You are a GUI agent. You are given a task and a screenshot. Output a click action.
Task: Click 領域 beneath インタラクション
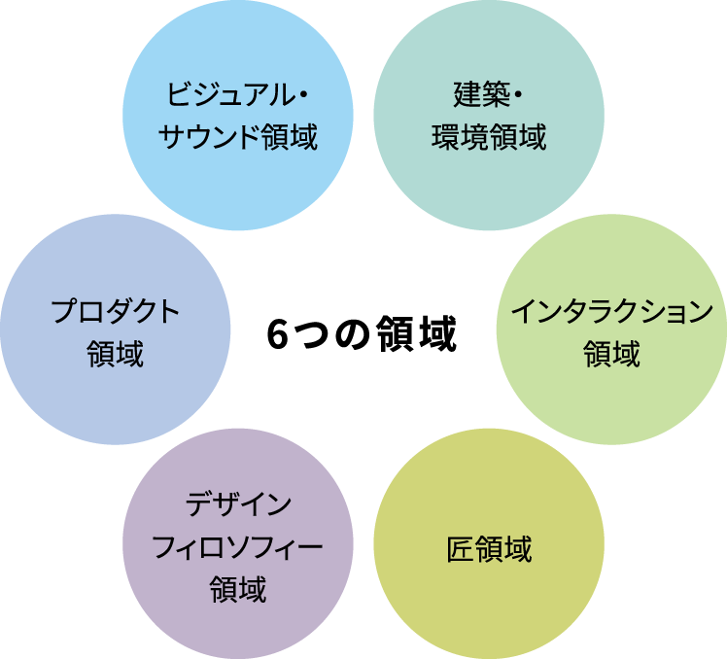(611, 353)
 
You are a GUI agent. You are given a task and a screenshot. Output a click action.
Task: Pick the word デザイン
(237, 506)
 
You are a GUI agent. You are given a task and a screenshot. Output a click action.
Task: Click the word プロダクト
(116, 312)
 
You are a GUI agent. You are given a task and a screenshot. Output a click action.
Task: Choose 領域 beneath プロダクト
(116, 353)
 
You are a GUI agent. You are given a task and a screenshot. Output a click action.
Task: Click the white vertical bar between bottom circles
(363, 505)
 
